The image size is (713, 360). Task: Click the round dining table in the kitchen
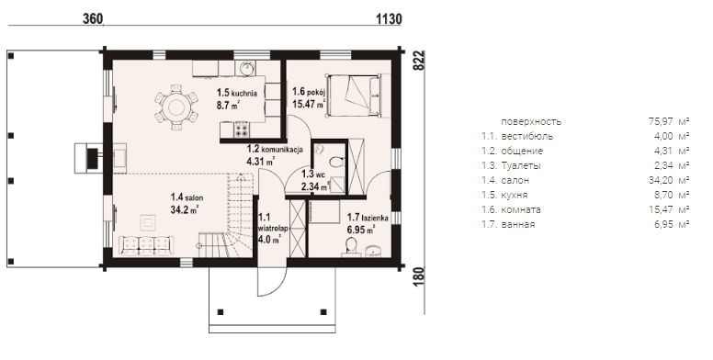coord(176,107)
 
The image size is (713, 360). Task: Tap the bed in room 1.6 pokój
coord(354,96)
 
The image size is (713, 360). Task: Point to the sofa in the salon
coord(146,245)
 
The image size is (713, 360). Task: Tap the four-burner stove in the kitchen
coord(242,130)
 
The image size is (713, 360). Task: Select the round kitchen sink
coord(247,69)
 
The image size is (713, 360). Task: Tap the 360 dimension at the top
coord(93,18)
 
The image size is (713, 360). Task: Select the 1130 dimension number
coord(390,18)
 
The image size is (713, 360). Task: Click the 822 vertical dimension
coord(419,61)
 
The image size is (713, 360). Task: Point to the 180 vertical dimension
coord(419,276)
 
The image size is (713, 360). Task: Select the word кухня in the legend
coord(515,196)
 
